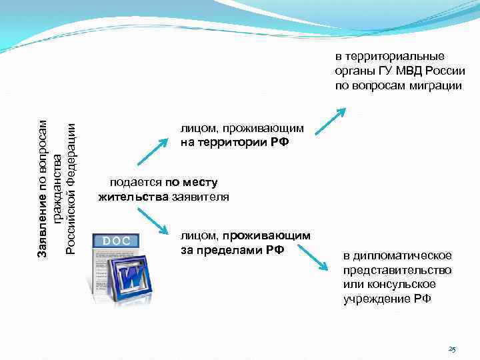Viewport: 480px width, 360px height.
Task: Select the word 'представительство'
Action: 397,270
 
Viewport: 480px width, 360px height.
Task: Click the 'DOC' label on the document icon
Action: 116,240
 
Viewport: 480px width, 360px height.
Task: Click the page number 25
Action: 452,349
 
